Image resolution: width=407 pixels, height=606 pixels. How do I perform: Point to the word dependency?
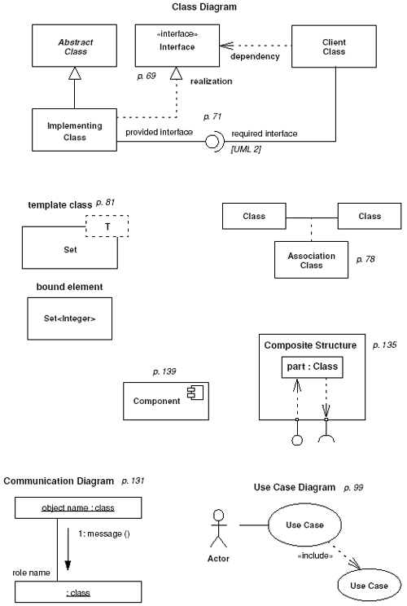pyautogui.click(x=254, y=56)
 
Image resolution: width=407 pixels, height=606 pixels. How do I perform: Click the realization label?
pyautogui.click(x=212, y=82)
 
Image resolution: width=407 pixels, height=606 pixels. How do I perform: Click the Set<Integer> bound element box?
pyautogui.click(x=69, y=318)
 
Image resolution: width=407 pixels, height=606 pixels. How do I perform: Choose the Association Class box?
pyautogui.click(x=312, y=261)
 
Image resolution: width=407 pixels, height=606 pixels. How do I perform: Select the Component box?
pyautogui.click(x=161, y=400)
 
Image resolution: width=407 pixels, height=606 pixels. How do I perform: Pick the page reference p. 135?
pyautogui.click(x=384, y=345)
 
